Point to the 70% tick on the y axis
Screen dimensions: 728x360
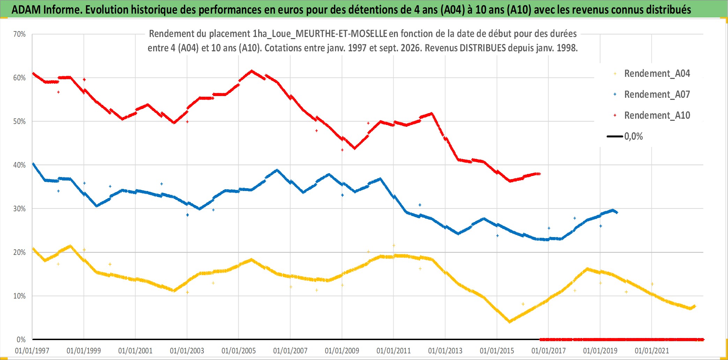[x=20, y=34]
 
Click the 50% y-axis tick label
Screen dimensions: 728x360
[x=20, y=122]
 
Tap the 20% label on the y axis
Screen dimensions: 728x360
[x=20, y=252]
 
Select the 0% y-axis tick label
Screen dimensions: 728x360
[x=21, y=339]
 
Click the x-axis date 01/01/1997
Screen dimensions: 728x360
[x=32, y=351]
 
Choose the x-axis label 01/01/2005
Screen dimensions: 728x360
[x=239, y=351]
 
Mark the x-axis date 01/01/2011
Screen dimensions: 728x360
[x=394, y=351]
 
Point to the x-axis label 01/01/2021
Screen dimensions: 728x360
[x=652, y=351]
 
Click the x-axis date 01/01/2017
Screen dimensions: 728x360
[x=549, y=351]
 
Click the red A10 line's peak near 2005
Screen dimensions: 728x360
[x=252, y=71]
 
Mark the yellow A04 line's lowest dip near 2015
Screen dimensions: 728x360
[x=510, y=321]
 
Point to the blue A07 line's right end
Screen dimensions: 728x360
[x=617, y=212]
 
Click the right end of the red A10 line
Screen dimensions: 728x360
[x=540, y=174]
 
